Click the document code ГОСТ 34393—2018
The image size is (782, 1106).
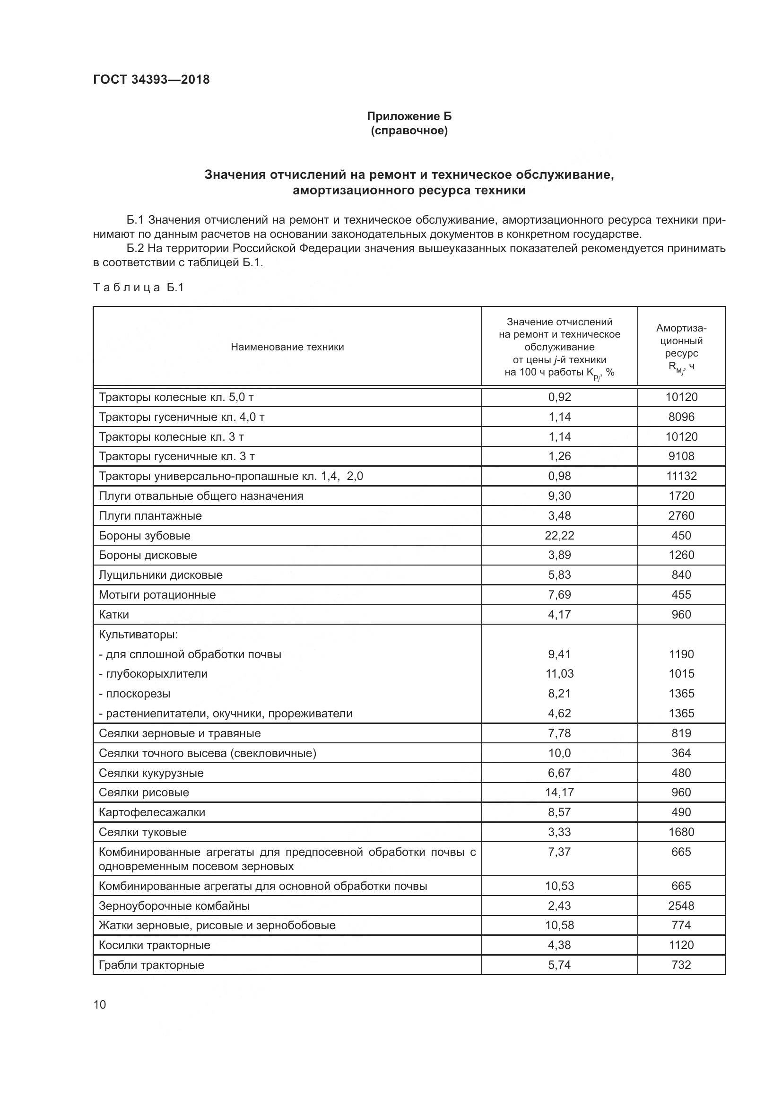click(151, 79)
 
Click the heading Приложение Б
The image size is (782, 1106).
click(409, 116)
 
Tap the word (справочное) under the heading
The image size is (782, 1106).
click(409, 131)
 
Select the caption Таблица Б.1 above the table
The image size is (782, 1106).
click(139, 287)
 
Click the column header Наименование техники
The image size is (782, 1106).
click(287, 347)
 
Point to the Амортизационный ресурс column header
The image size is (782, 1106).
click(681, 347)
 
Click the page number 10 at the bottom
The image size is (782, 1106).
click(100, 1004)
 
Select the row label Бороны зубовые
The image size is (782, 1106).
click(145, 535)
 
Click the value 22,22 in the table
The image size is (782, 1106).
click(559, 535)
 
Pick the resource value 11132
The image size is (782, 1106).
click(681, 476)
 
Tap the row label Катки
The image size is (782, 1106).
click(113, 614)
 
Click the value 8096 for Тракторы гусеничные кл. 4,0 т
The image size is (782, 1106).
click(681, 417)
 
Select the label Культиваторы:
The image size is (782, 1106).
click(138, 635)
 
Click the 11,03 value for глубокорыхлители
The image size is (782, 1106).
click(559, 673)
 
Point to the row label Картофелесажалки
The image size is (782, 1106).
click(152, 812)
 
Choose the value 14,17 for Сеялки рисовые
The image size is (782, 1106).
click(559, 792)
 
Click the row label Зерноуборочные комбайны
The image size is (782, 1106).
click(174, 906)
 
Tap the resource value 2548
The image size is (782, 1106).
click(681, 906)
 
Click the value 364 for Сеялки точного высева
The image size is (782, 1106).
click(681, 753)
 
